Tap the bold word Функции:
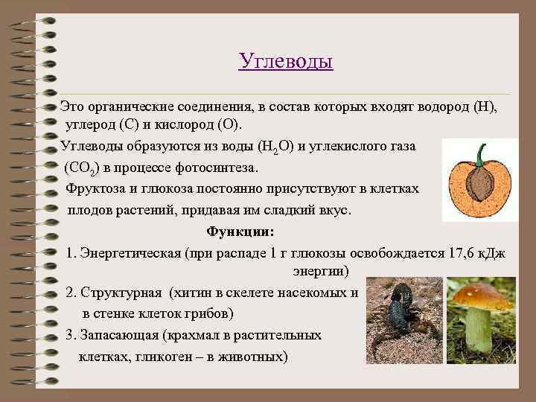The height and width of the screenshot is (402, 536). pyautogui.click(x=240, y=232)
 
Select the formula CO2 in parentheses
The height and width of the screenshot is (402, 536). pyautogui.click(x=83, y=167)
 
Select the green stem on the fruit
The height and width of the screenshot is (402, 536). pyautogui.click(x=480, y=153)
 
